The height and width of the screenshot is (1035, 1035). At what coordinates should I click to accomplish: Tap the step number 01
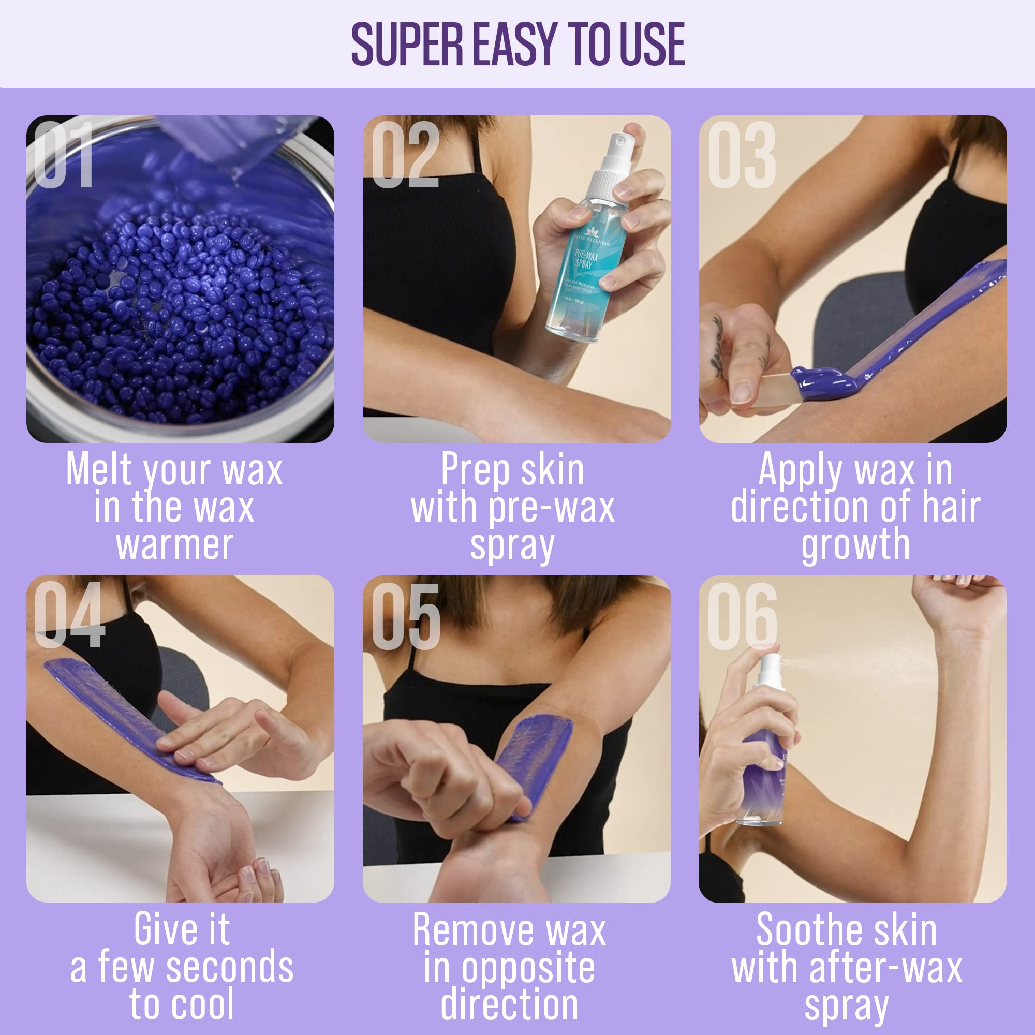point(63,155)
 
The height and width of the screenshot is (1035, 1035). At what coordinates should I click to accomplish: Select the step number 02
point(405,155)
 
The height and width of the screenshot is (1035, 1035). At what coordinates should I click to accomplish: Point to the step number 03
point(742,155)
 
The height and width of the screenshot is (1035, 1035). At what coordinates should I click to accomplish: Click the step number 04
point(70,615)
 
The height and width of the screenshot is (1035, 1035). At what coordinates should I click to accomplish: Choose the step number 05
point(406,616)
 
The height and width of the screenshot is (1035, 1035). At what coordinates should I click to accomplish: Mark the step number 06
point(742,616)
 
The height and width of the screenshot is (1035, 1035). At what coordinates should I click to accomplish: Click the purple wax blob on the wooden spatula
point(822,381)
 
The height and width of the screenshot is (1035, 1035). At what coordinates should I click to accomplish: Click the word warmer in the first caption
point(174,545)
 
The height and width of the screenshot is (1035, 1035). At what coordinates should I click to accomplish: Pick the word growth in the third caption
point(855,545)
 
